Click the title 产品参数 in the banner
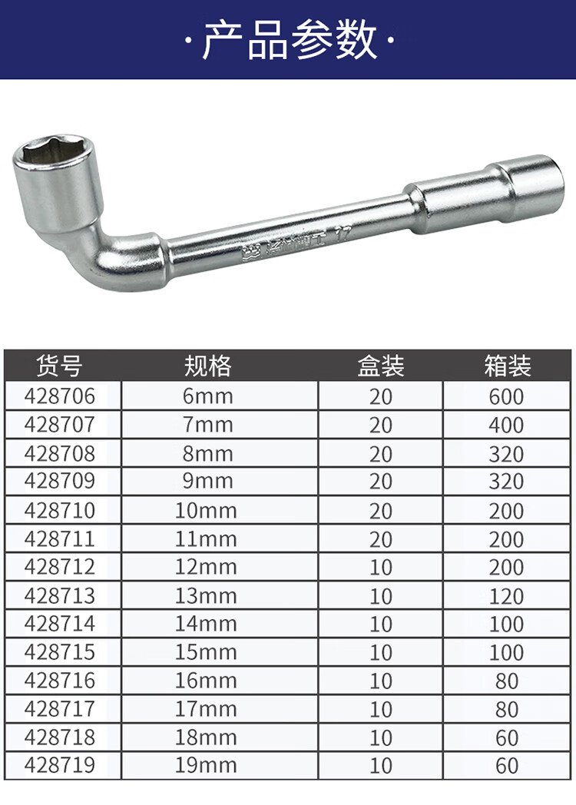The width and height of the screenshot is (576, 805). coord(290,41)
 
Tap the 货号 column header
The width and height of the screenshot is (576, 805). coord(60,366)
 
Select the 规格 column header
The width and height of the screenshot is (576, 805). coord(208,366)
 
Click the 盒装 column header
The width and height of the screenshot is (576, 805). coord(380,366)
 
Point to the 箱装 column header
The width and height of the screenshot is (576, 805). coord(507,366)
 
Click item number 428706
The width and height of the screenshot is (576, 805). coord(60,396)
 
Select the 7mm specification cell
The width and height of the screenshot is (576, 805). coord(208,425)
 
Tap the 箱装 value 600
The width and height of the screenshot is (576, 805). coord(506,396)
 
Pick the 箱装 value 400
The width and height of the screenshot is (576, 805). coord(506,425)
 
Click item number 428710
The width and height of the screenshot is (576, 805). coord(60,510)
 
